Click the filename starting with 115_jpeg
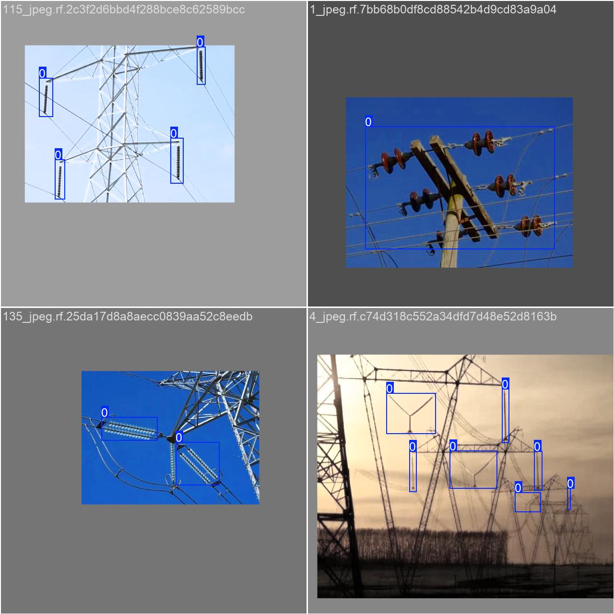point(124,10)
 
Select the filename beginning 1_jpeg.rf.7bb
point(433,10)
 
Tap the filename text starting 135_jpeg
point(128,317)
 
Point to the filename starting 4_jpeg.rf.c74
point(433,317)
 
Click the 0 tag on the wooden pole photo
point(368,121)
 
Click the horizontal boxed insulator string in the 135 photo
point(129,429)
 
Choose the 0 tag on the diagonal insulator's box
point(179,437)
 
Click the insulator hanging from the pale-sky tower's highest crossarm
point(201,66)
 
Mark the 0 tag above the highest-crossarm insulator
point(200,41)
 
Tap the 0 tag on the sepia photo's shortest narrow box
point(570,484)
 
